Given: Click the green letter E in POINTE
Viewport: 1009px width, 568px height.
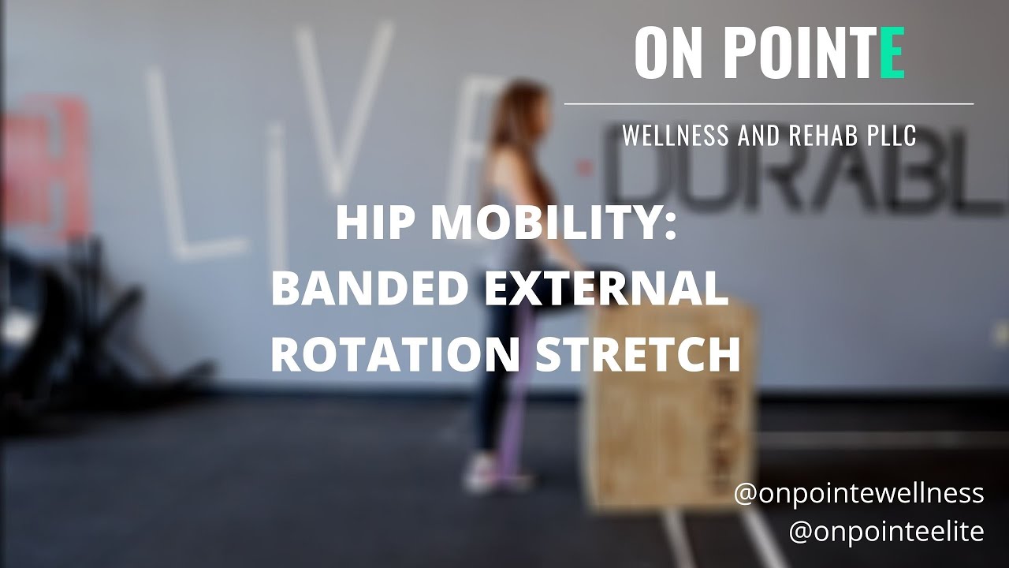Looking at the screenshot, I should [892, 53].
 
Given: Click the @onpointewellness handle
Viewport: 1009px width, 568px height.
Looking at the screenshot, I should [858, 493].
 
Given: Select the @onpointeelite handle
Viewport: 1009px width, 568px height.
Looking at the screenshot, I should [886, 531].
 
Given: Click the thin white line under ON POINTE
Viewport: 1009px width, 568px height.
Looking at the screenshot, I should [769, 103].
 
